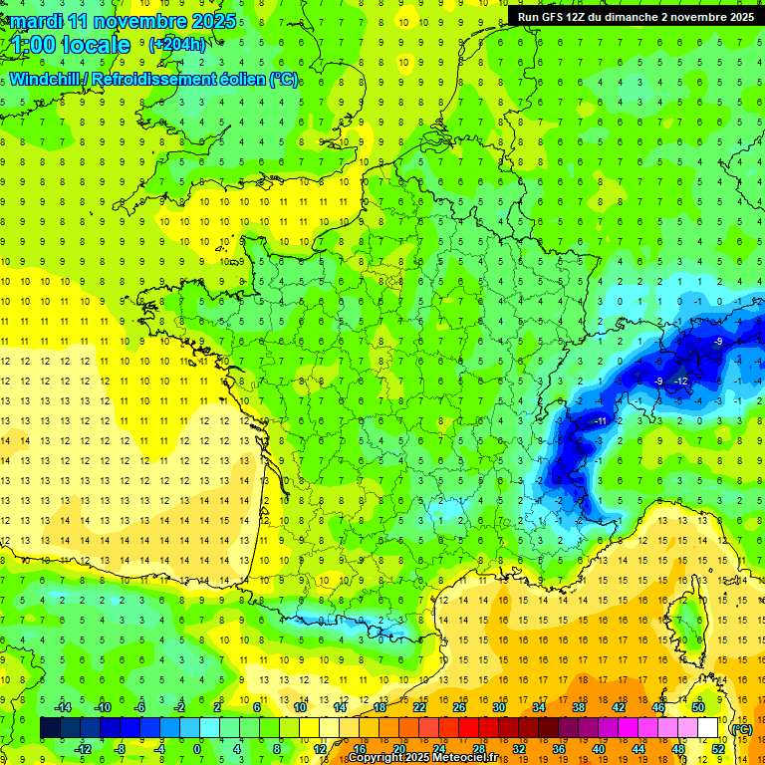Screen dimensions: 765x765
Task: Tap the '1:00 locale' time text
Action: click(71, 45)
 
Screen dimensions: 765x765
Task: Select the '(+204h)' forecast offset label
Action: click(177, 44)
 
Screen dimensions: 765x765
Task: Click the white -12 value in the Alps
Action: click(681, 382)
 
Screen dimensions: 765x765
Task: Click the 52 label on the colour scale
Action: click(717, 749)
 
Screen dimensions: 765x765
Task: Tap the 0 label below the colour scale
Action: click(197, 749)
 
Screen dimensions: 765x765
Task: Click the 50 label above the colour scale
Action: click(698, 707)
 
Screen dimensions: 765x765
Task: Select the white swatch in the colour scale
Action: click(708, 728)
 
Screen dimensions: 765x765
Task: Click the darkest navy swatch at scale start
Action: click(50, 728)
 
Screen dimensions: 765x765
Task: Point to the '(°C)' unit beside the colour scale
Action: click(741, 728)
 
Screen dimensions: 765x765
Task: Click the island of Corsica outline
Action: click(686, 623)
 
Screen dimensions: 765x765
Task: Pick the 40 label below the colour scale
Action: click(599, 749)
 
